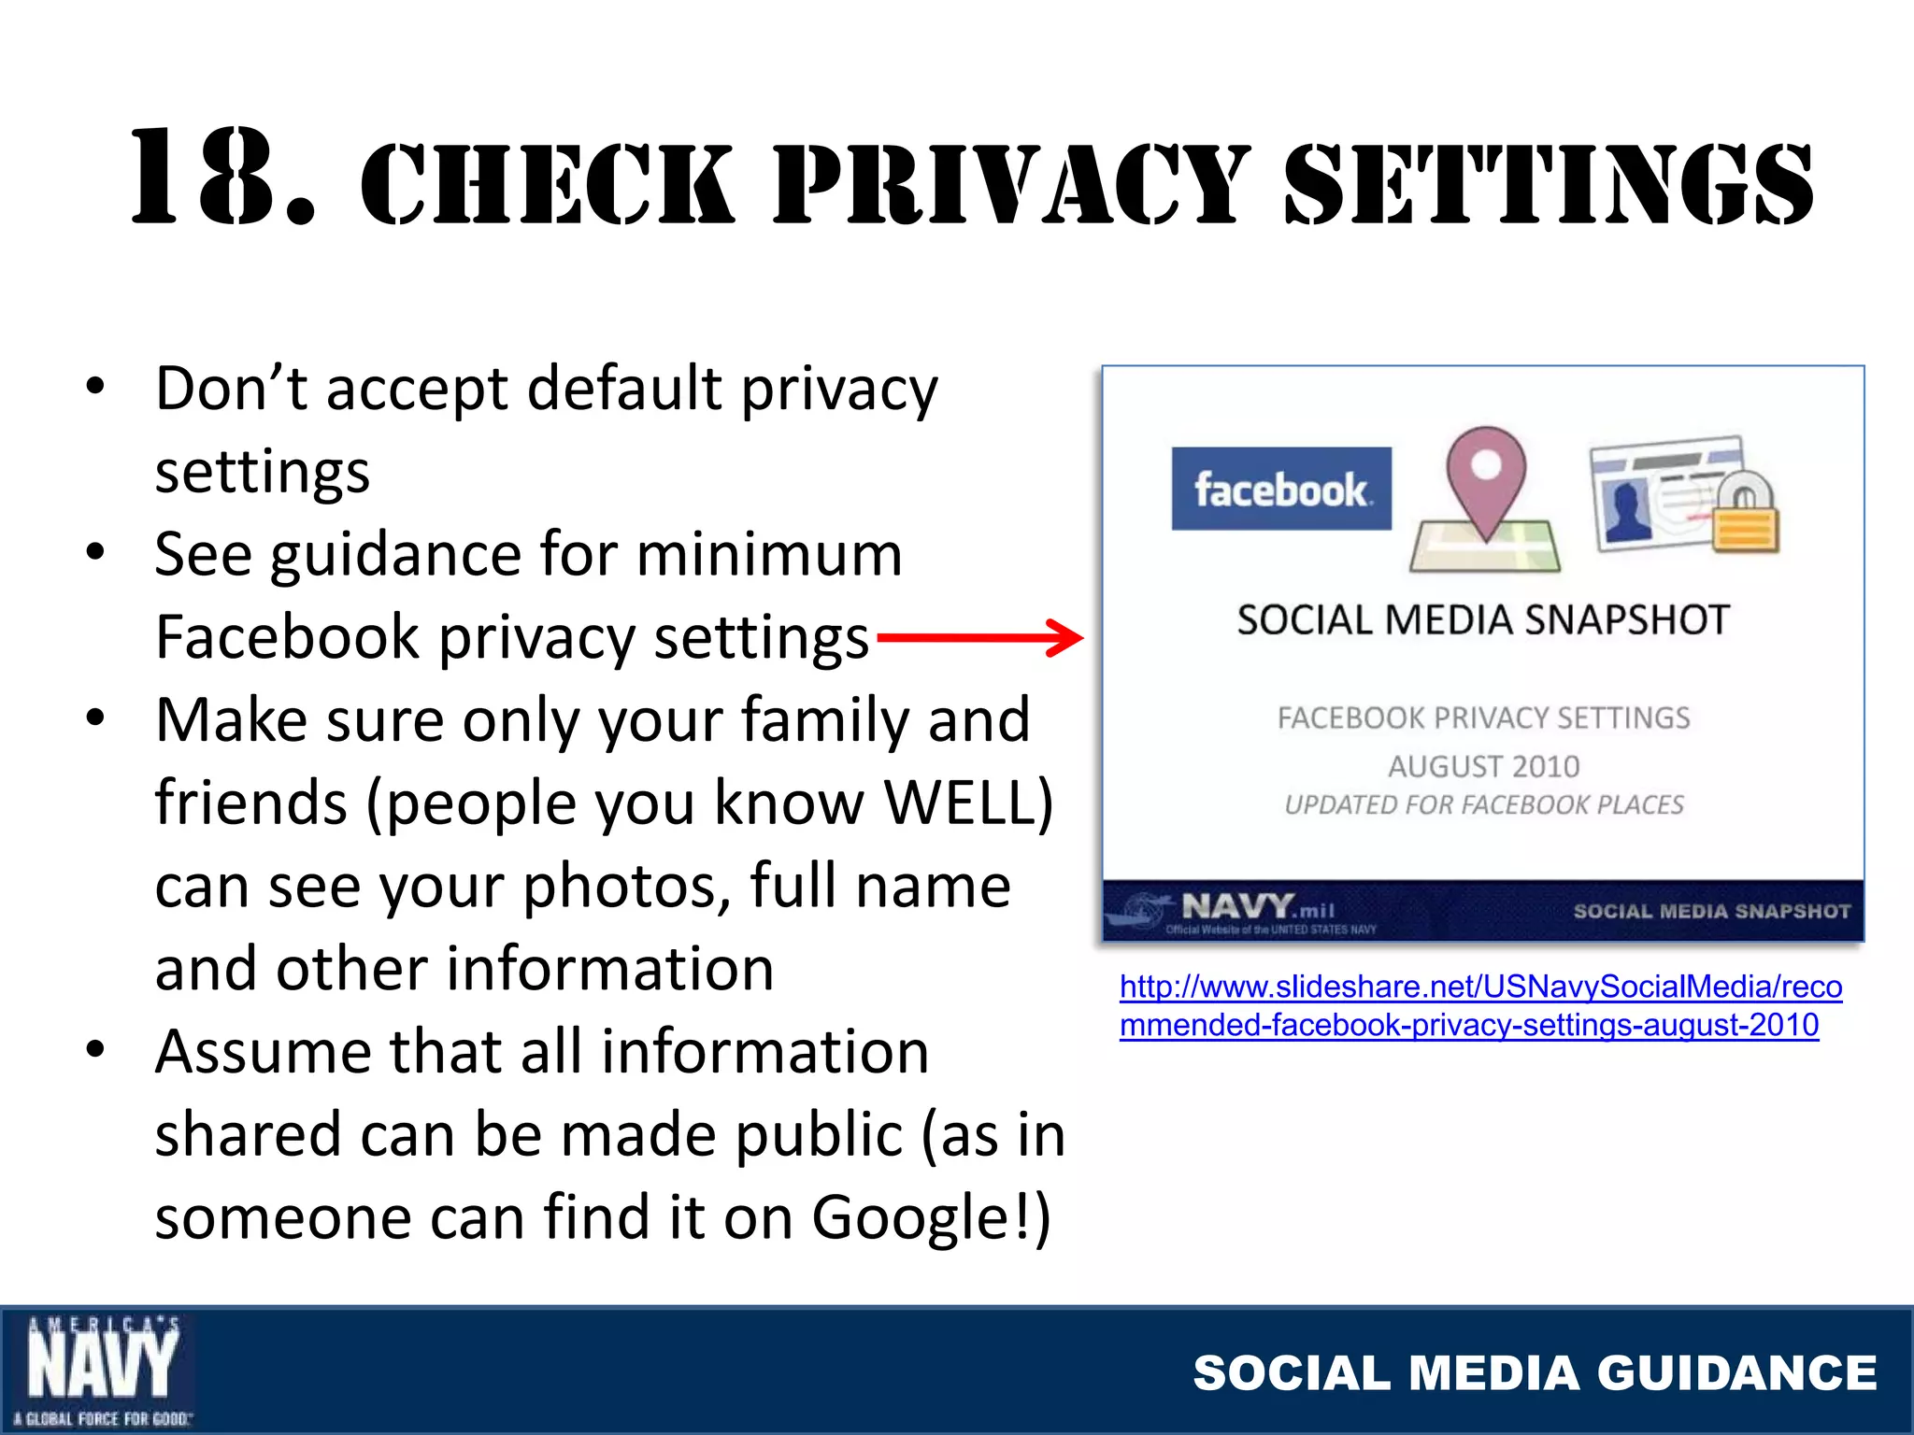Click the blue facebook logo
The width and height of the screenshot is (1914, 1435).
[1281, 489]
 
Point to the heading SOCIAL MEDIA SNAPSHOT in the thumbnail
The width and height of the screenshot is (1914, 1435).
[1483, 620]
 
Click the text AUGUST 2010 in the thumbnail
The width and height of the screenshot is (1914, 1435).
[1483, 766]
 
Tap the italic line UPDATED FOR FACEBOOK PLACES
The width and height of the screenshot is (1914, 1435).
[1483, 804]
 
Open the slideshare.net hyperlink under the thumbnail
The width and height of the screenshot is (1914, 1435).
[1480, 1005]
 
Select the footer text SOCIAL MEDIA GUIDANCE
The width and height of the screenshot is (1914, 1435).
[1535, 1372]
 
